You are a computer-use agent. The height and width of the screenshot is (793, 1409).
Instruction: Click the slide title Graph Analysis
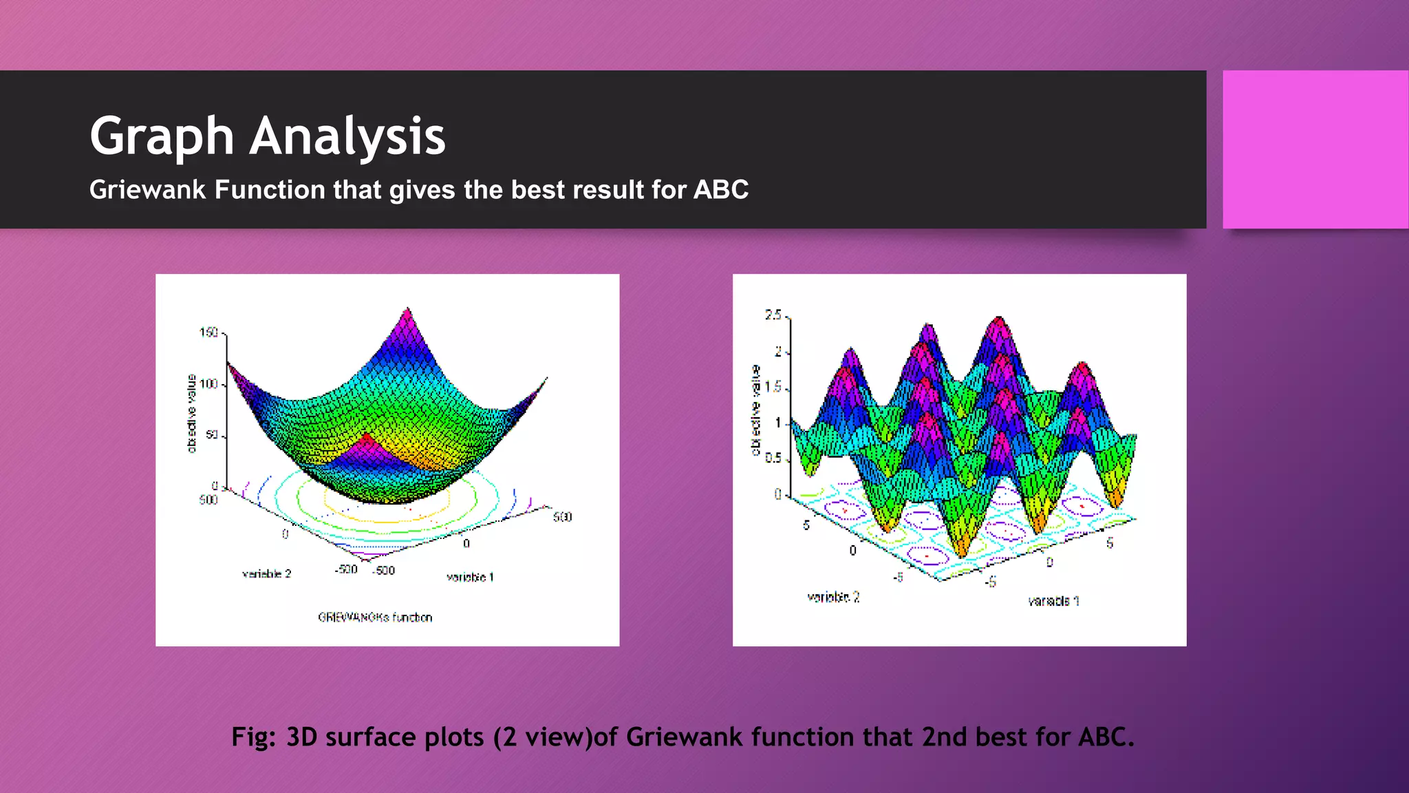pos(268,136)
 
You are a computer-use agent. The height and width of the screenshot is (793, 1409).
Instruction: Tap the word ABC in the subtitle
pos(720,190)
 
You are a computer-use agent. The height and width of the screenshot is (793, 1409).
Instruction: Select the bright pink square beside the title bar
pos(1315,149)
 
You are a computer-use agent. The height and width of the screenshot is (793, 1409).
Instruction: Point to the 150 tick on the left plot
pos(208,333)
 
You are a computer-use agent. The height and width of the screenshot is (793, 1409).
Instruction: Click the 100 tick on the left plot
pos(208,384)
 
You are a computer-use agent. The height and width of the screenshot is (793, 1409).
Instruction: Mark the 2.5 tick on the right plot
pos(773,315)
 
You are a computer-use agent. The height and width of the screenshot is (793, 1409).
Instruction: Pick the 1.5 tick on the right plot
pos(773,388)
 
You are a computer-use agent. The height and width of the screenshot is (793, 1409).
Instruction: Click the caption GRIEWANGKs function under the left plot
pos(375,617)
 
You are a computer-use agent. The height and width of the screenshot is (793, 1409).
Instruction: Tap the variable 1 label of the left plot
pos(470,578)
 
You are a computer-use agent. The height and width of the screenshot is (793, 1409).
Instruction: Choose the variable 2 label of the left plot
pos(266,574)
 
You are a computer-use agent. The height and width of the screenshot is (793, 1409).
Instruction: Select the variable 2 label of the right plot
pos(833,598)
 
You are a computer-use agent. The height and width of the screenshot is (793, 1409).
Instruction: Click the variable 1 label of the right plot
pos(1053,602)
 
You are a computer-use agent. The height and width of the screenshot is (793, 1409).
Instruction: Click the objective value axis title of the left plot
pos(192,414)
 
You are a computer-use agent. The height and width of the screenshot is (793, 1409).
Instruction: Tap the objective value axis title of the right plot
pos(755,410)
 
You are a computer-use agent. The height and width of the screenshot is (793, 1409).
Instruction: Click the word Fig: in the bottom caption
pos(253,737)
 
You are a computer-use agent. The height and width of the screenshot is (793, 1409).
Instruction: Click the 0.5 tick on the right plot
pos(773,458)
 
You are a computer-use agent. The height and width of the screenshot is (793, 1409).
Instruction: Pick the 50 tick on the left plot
pos(211,436)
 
